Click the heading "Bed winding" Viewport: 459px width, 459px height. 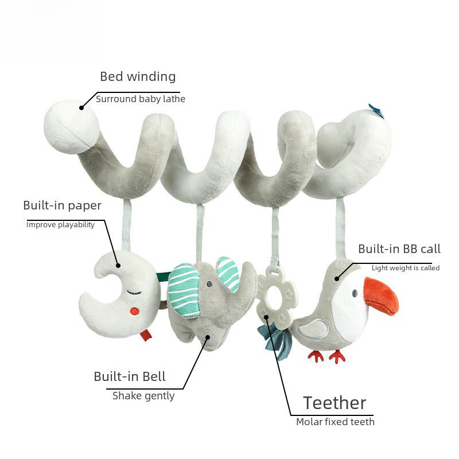click(x=138, y=76)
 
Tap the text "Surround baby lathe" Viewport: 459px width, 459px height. click(x=141, y=99)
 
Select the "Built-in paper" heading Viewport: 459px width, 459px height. click(x=62, y=205)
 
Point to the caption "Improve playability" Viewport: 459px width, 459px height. click(x=60, y=224)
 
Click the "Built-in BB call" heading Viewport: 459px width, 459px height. click(x=399, y=249)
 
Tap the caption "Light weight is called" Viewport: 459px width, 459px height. click(x=406, y=268)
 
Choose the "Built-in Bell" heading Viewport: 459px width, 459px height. click(x=130, y=377)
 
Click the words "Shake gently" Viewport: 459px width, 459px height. click(x=143, y=395)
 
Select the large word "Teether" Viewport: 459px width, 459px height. click(x=334, y=403)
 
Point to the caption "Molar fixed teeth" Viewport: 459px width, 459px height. click(x=335, y=422)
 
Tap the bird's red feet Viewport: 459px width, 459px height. click(x=326, y=356)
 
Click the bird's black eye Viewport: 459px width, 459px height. click(x=355, y=293)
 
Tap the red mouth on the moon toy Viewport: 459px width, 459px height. click(x=135, y=312)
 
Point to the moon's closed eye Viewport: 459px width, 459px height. click(x=133, y=291)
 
